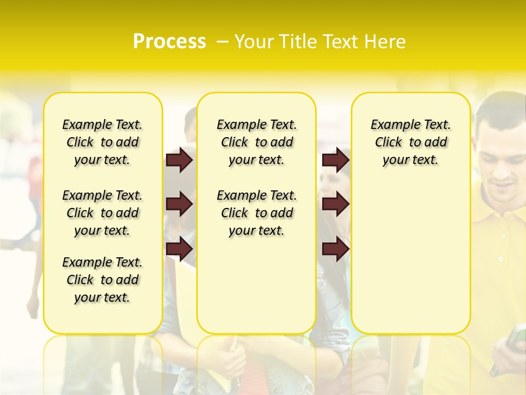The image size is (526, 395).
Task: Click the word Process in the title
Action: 169,41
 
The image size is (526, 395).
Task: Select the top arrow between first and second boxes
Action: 179,160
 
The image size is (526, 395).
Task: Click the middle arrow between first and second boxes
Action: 179,204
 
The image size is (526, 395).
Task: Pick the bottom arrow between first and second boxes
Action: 179,249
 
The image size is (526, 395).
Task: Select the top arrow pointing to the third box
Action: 336,160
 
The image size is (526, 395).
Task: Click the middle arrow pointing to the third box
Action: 336,204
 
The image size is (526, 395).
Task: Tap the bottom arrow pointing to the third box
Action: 336,249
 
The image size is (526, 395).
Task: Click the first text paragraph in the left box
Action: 102,142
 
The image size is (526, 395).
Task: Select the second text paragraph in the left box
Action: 102,213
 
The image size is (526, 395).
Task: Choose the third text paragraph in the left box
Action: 102,280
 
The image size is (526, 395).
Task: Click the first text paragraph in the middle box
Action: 257,142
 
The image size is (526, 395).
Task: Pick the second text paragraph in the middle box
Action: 257,213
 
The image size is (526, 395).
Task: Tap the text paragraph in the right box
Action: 411,142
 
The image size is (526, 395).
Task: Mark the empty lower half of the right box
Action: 411,263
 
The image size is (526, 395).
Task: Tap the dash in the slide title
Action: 222,42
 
